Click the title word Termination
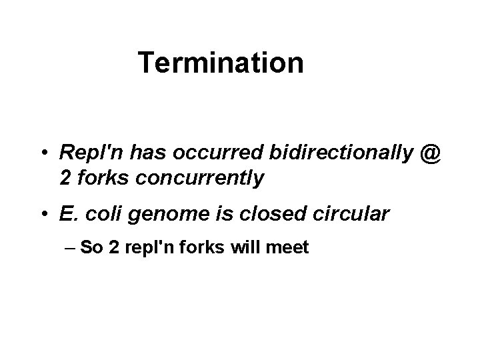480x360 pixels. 221,63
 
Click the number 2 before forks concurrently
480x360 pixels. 65,179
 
